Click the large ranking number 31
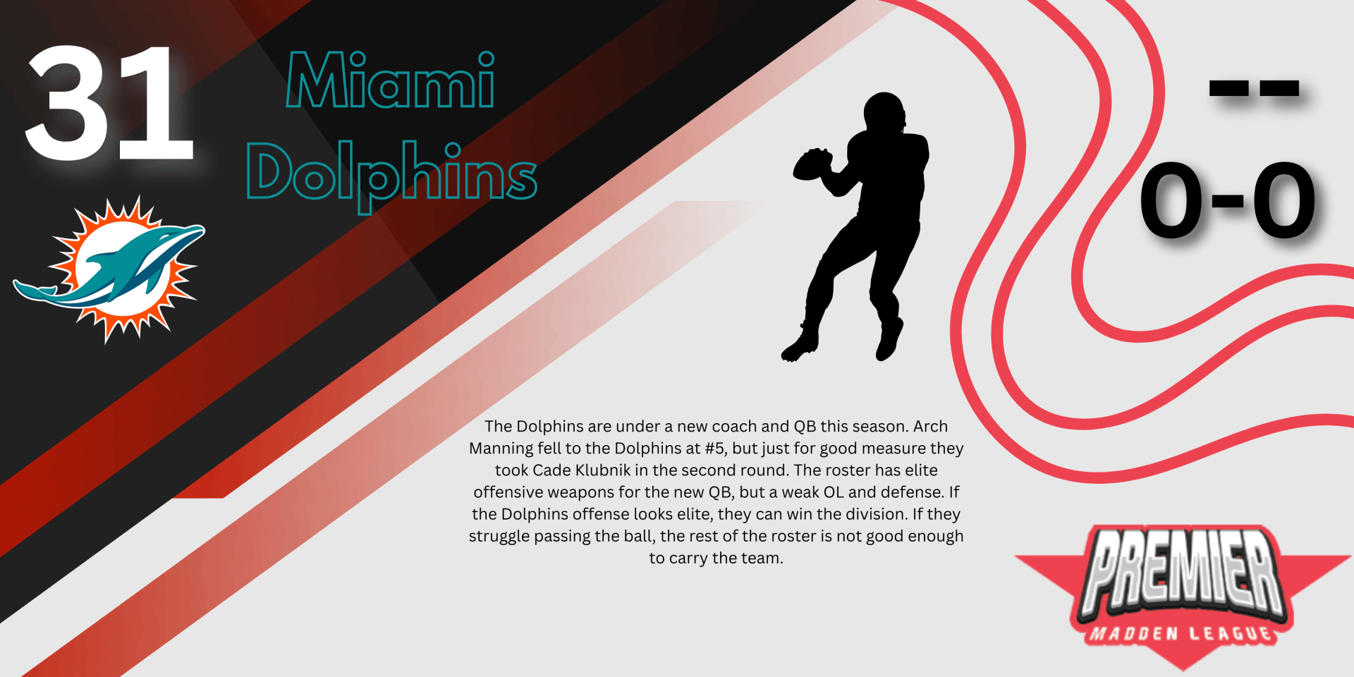[109, 103]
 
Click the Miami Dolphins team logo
[109, 269]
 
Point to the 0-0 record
[1228, 200]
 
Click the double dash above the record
[1254, 88]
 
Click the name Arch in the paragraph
[930, 426]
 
